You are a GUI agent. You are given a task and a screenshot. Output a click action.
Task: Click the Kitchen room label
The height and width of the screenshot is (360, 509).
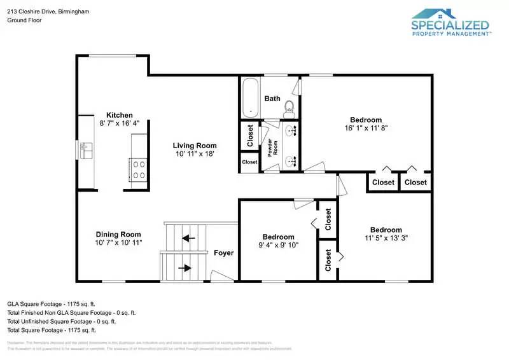(120, 115)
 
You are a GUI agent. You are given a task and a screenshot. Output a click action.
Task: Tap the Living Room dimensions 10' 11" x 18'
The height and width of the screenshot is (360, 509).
(195, 154)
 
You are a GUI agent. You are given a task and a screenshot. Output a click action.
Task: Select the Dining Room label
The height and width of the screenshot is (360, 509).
(118, 234)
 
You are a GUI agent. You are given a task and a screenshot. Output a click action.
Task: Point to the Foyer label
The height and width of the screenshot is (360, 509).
(223, 253)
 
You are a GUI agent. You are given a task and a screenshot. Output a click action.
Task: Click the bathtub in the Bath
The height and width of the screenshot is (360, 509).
(250, 97)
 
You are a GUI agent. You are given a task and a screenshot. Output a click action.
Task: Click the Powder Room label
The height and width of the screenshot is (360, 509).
(270, 148)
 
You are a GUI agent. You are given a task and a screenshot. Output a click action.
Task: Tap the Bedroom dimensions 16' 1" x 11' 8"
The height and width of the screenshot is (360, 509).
(366, 128)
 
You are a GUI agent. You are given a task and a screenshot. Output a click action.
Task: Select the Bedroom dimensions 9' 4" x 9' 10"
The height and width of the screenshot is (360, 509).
(278, 245)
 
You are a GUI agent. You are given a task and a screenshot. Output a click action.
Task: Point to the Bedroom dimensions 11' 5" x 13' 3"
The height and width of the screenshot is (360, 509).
(386, 239)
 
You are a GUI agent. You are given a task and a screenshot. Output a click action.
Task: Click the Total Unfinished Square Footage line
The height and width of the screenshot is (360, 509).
(62, 321)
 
